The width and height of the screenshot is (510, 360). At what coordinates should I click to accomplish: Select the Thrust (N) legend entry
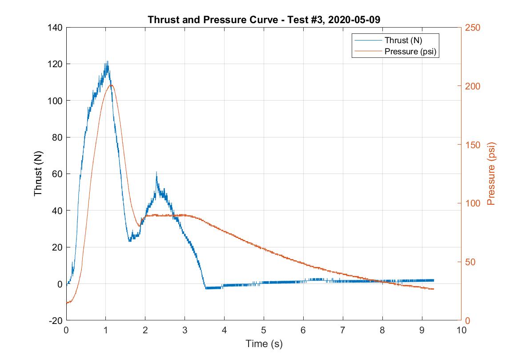[403, 40]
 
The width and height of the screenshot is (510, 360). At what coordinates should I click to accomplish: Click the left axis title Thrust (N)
[38, 174]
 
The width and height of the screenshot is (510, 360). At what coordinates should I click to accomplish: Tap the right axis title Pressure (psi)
[491, 174]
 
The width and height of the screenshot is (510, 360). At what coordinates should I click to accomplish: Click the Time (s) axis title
[264, 344]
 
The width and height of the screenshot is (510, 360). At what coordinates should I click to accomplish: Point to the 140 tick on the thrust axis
[55, 28]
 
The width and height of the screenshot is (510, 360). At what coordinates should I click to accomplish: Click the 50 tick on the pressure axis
[470, 262]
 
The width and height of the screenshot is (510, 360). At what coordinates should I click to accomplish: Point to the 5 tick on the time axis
[264, 330]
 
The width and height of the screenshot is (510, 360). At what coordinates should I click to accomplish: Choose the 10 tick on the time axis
[461, 330]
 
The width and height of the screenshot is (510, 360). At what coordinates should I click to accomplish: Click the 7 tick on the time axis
[343, 330]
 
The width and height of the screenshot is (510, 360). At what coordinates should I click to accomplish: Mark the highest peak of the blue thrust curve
[107, 62]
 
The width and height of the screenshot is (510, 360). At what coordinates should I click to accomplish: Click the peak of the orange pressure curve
[111, 85]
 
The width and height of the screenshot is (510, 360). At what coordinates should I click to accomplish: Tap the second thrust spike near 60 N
[157, 172]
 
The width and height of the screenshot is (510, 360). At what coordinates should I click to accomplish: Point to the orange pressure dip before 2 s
[139, 226]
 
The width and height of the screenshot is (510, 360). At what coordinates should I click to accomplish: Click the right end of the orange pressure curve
[433, 289]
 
